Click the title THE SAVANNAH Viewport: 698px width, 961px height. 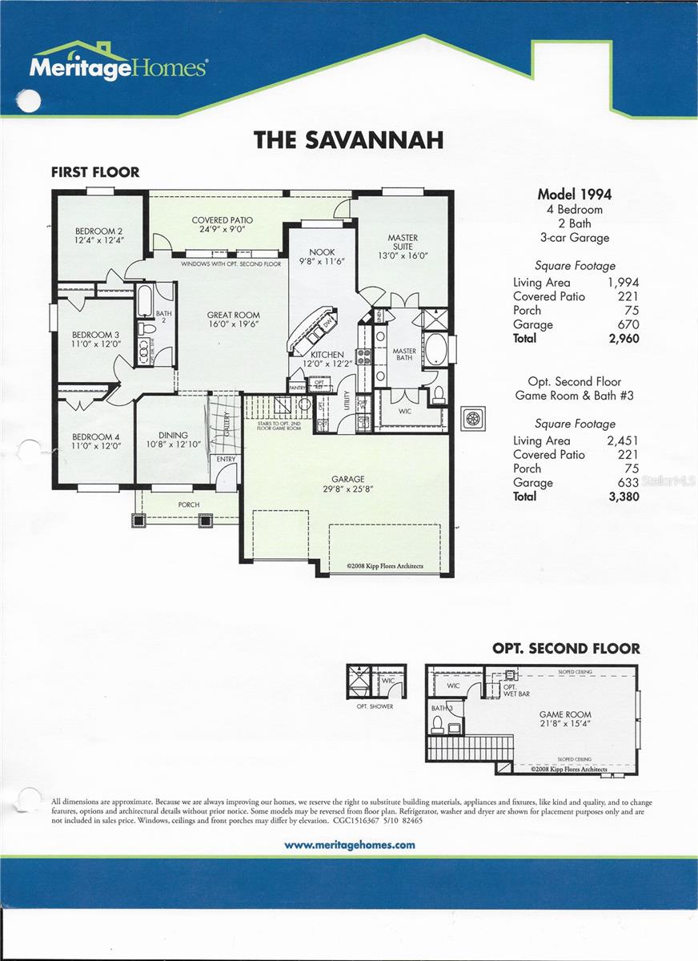tap(348, 140)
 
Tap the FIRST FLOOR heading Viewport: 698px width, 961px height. tap(95, 172)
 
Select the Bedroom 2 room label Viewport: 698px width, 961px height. tap(93, 231)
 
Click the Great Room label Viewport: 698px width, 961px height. tap(233, 316)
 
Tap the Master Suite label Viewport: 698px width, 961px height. tap(403, 238)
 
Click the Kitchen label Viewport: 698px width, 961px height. tap(327, 355)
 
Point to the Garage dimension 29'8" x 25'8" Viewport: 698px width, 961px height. tap(348, 488)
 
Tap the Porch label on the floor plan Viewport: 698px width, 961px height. tap(189, 505)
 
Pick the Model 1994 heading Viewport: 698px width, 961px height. tap(574, 194)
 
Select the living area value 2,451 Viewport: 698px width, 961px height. tap(622, 440)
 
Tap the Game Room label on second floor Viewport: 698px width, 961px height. tap(565, 714)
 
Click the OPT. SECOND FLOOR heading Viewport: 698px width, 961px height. tap(566, 649)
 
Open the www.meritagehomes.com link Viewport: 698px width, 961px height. tap(350, 845)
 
